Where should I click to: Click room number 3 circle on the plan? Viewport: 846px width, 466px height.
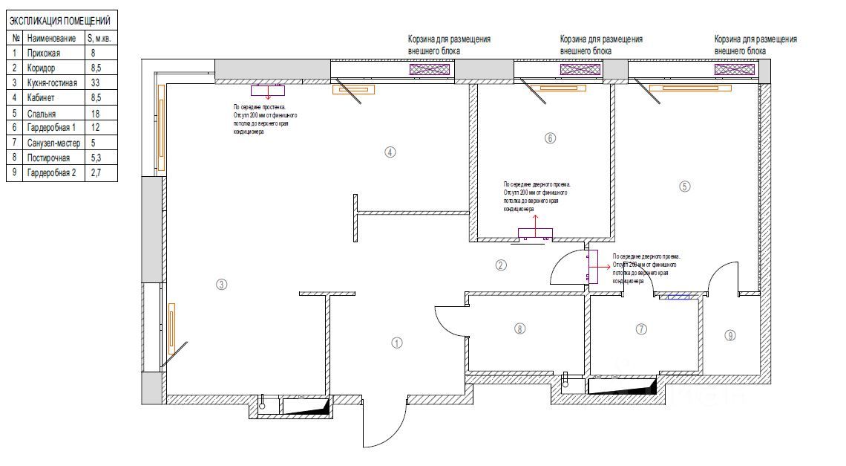(220, 283)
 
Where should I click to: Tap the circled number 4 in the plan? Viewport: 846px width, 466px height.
(390, 152)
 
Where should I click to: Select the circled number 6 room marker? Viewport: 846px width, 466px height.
(550, 137)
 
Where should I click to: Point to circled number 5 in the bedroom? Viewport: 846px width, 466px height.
(685, 187)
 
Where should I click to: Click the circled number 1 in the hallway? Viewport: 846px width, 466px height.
(397, 343)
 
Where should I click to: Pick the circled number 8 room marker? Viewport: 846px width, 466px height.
(519, 328)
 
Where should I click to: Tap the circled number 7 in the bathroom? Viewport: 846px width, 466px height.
(642, 328)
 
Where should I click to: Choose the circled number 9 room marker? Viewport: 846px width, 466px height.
(730, 335)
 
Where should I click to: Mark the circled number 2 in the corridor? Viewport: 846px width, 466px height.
(501, 265)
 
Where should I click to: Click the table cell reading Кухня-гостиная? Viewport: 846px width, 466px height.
(51, 82)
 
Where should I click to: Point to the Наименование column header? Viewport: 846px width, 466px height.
(51, 38)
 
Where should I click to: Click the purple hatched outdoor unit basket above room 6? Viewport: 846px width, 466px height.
(580, 69)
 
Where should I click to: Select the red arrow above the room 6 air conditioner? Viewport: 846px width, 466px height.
(536, 219)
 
